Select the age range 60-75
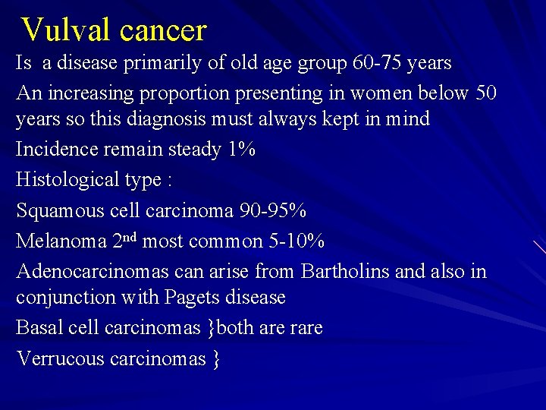[377, 63]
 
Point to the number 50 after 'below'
[485, 93]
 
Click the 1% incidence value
[241, 150]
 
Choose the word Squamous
[61, 210]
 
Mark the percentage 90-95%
[271, 210]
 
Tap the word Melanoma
[61, 241]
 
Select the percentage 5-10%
[297, 241]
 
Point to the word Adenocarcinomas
[90, 272]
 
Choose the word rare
[306, 328]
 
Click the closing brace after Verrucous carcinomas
[215, 359]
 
